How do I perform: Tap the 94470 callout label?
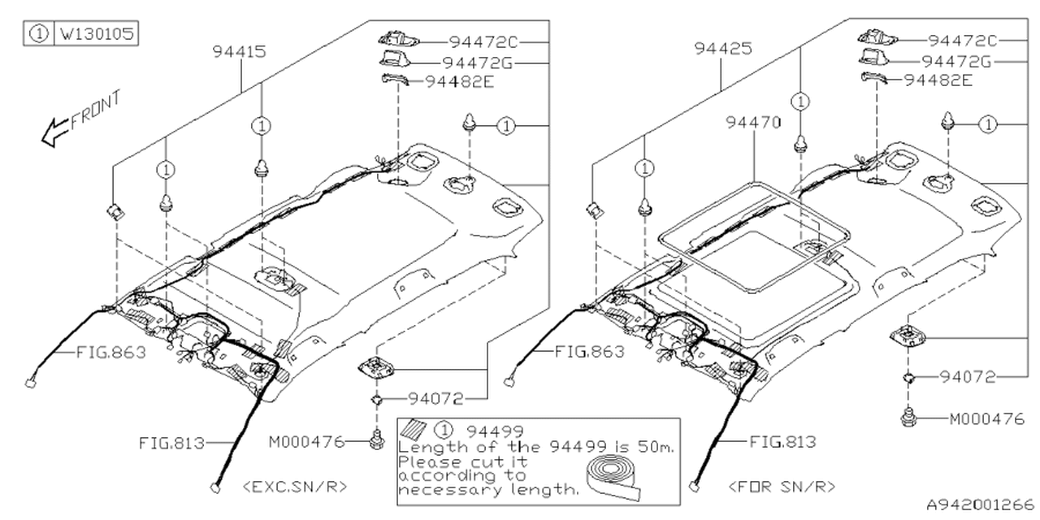(x=753, y=123)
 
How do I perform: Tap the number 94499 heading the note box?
(x=491, y=430)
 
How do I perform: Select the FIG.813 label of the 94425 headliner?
(x=782, y=442)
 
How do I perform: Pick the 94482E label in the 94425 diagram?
(x=938, y=80)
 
